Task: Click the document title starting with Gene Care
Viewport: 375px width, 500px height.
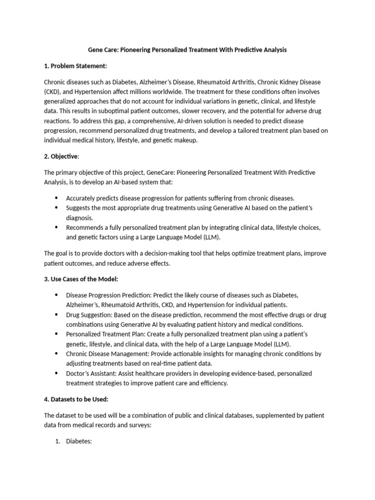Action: [187, 50]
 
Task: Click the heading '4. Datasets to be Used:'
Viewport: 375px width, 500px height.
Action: [76, 399]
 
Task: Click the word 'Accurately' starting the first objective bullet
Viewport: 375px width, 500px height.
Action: [82, 198]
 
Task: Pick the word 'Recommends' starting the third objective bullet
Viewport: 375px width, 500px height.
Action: [85, 228]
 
